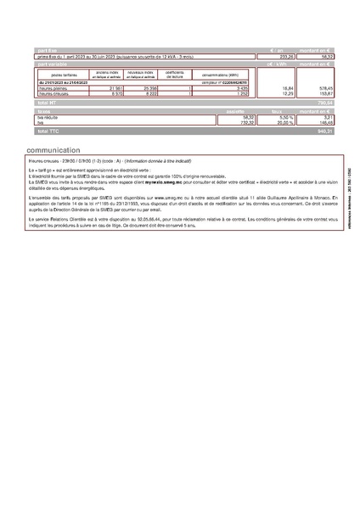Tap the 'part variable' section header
click(53, 64)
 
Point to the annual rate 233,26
click(262, 58)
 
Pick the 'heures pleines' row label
click(52, 87)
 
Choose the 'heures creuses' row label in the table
click(53, 92)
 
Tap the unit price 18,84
click(264, 87)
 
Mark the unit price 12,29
click(264, 92)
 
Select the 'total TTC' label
click(48, 132)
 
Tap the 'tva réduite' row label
click(48, 117)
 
